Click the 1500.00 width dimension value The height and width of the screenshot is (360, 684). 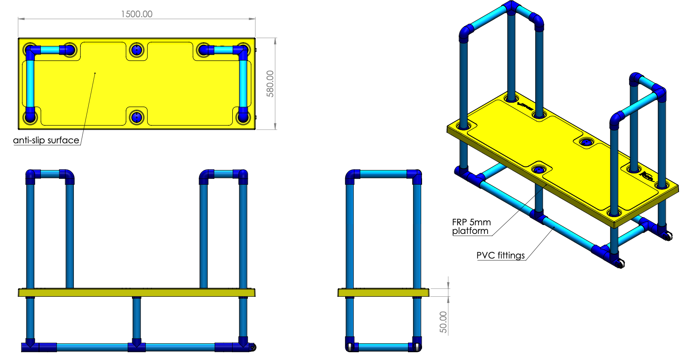coord(137,14)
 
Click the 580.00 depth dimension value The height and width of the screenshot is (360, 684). coord(270,84)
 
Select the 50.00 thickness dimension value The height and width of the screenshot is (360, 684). coord(444,322)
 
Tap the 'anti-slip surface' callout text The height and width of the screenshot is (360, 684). coord(46,140)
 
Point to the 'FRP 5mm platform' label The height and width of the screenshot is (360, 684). coord(471,226)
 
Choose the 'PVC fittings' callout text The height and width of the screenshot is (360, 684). coord(501,255)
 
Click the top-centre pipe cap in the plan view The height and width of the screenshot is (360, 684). coord(137,50)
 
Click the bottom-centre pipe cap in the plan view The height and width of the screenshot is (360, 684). coord(137,117)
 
